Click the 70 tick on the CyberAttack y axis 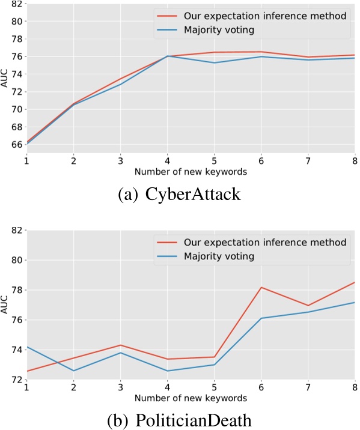click(16, 109)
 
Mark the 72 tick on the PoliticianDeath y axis click(16, 380)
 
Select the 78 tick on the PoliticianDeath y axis click(16, 290)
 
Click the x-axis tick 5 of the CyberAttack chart click(214, 163)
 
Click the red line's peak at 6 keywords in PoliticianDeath click(261, 288)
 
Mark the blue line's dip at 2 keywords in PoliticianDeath click(73, 371)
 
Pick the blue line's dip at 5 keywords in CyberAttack click(214, 62)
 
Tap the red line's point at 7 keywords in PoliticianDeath click(308, 306)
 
